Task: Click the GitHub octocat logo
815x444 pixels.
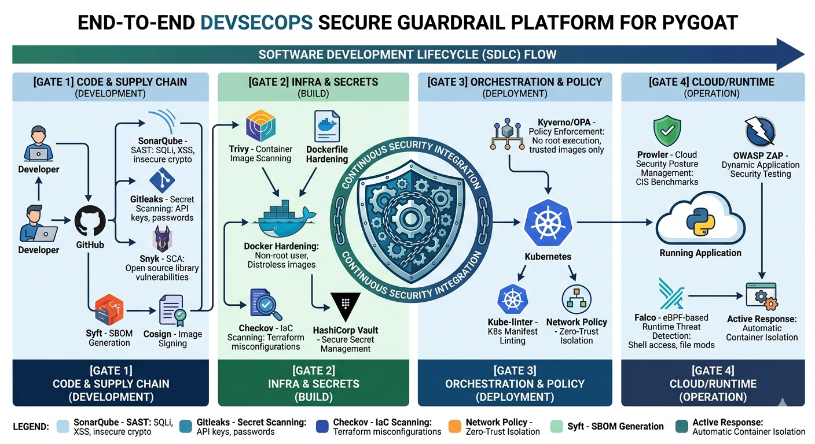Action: click(90, 221)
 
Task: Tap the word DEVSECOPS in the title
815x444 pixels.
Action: click(256, 23)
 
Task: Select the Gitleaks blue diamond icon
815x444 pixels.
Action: click(162, 180)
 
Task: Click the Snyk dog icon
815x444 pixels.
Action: click(162, 239)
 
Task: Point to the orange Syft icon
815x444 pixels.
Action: click(109, 309)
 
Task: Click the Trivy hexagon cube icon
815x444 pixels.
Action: click(260, 125)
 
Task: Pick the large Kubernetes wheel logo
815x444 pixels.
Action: click(548, 223)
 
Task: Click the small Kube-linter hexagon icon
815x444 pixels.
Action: click(512, 299)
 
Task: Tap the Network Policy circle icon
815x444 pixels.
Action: click(577, 299)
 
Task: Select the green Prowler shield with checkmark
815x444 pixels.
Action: click(667, 131)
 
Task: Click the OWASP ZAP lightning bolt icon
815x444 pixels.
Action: click(760, 131)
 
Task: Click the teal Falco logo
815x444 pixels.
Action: click(671, 294)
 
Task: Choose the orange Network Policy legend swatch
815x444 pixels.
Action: click(455, 427)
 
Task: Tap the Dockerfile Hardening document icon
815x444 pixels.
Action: click(326, 127)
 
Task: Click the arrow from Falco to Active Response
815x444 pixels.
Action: click(715, 296)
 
